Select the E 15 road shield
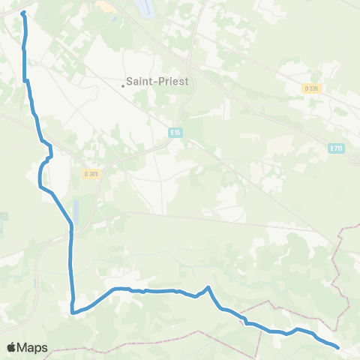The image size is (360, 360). pyautogui.click(x=175, y=132)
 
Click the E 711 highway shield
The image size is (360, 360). pyautogui.click(x=336, y=148)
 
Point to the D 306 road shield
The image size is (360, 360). pyautogui.click(x=312, y=88)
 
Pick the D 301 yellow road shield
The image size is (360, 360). pyautogui.click(x=91, y=173)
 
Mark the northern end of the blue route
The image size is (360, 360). pyautogui.click(x=22, y=13)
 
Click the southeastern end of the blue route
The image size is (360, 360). pyautogui.click(x=338, y=347)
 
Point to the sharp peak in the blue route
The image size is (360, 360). pyautogui.click(x=208, y=287)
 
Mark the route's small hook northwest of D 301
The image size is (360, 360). pyautogui.click(x=50, y=155)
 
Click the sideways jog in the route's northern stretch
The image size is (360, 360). pyautogui.click(x=26, y=80)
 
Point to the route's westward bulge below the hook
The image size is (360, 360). pyautogui.click(x=40, y=177)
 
